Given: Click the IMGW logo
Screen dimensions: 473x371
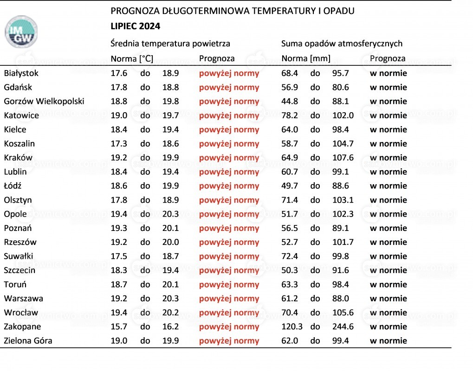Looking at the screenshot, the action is tap(21, 32).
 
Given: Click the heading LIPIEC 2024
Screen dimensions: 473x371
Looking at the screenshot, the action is tap(135, 26).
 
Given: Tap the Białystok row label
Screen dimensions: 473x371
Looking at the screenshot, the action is tap(21, 73).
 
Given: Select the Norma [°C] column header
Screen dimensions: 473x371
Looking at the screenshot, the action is tap(132, 58).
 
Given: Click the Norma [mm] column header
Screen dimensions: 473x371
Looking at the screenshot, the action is tap(306, 58).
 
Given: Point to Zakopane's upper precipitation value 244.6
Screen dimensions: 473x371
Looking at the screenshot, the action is tap(343, 326).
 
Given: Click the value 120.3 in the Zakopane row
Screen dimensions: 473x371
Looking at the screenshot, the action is tap(292, 326).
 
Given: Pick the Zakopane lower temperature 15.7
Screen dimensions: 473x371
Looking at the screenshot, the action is tap(119, 326).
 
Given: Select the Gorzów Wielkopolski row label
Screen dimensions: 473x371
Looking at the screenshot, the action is tap(44, 101).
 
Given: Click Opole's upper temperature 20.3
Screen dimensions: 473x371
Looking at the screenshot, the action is tap(170, 214).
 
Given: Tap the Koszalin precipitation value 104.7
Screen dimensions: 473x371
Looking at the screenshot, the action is tap(343, 143).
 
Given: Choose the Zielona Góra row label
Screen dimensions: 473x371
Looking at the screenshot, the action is tap(28, 340).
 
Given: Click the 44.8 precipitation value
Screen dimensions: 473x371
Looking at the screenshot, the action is tap(290, 101).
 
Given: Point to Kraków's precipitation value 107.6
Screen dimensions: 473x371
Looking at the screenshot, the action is tap(343, 158).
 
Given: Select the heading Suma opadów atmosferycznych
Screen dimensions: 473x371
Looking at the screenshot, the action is tap(342, 44).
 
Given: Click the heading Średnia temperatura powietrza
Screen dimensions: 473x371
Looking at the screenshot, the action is tap(170, 44).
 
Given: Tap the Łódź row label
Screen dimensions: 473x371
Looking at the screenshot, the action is tap(13, 185).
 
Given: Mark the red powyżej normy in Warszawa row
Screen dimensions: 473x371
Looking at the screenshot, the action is tap(229, 299).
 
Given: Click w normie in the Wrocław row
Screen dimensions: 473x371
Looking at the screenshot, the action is tap(388, 313).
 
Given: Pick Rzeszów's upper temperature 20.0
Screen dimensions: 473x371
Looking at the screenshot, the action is tap(170, 242).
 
